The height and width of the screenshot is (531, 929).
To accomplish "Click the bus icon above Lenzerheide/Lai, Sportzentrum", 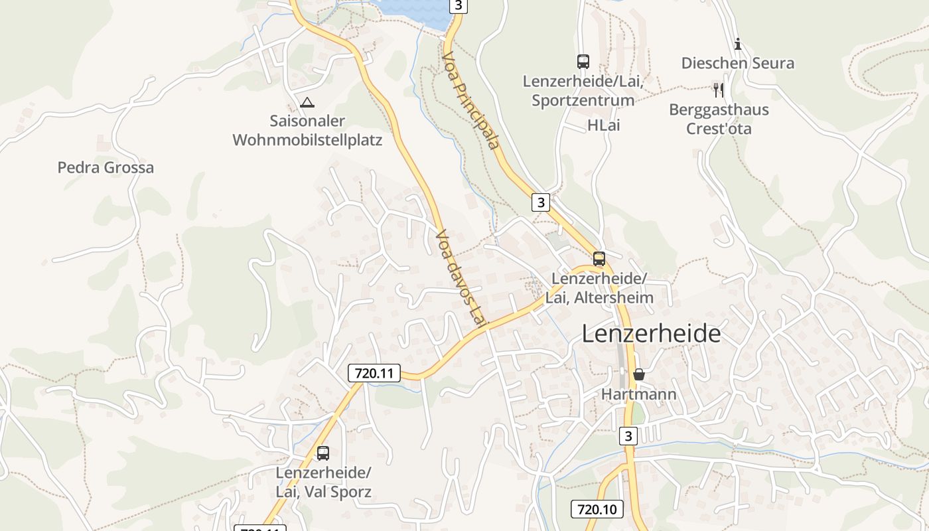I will [x=583, y=62].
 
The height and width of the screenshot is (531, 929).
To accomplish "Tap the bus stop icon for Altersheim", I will [x=599, y=259].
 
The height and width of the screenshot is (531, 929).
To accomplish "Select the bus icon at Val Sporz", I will [x=323, y=453].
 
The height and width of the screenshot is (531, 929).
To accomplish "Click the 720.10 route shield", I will [x=597, y=509].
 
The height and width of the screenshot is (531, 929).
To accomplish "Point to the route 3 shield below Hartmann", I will [x=628, y=436].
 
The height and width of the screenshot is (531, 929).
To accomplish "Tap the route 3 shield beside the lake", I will [x=459, y=6].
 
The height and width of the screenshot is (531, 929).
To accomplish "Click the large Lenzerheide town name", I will [x=651, y=333].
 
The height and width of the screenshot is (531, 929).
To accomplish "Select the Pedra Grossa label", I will [x=106, y=167].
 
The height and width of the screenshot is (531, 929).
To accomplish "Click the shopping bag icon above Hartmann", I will [x=638, y=374].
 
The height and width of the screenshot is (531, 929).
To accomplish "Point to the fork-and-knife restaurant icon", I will [x=718, y=90].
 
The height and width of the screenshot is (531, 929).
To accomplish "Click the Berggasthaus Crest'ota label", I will [x=719, y=119].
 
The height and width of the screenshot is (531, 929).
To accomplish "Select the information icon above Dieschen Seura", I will [x=738, y=44].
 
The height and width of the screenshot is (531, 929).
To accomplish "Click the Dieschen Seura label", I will [x=738, y=64].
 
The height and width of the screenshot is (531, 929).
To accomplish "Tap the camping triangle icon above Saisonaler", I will [x=307, y=103].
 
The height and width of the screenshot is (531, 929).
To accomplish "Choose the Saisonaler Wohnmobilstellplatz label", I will [x=307, y=131].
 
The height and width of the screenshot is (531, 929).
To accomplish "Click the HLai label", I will [x=603, y=125].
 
